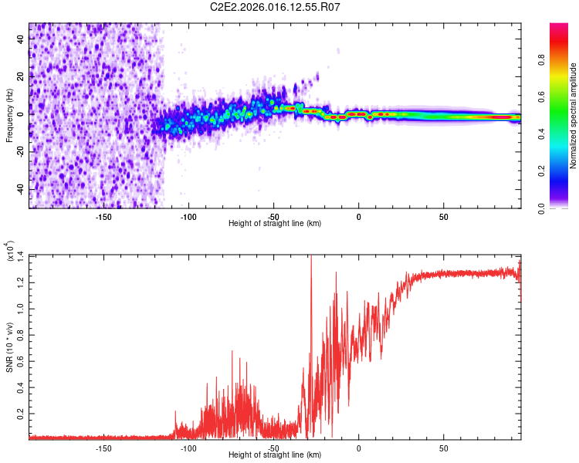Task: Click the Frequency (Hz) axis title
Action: click(9, 115)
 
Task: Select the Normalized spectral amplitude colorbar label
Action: click(574, 115)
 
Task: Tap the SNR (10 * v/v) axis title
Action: click(9, 346)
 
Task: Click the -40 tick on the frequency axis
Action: click(22, 189)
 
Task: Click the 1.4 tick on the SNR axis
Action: click(22, 255)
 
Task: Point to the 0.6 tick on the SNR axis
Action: click(22, 360)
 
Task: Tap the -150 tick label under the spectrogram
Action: click(103, 217)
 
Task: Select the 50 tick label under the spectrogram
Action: click(443, 217)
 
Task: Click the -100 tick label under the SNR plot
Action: click(188, 448)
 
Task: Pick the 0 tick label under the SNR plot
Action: click(358, 448)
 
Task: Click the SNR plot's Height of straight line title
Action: click(275, 455)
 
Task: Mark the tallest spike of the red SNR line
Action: click(310, 258)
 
